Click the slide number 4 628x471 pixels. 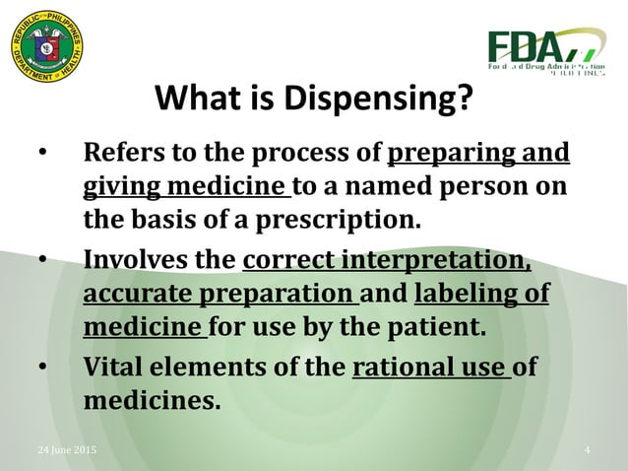(587, 450)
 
